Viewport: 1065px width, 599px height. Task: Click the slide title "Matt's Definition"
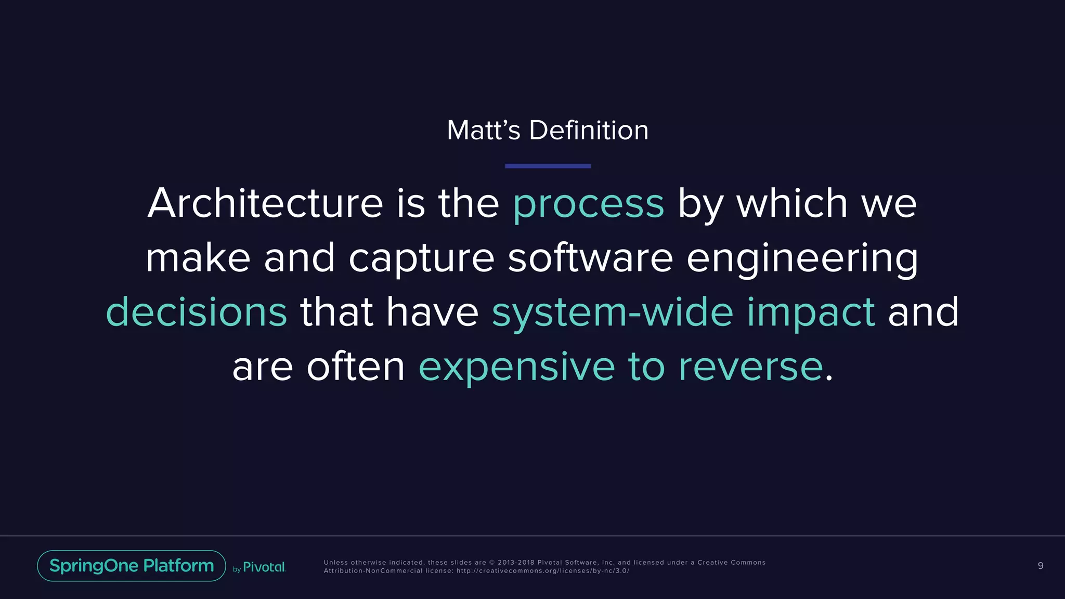548,130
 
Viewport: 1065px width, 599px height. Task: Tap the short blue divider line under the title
548,166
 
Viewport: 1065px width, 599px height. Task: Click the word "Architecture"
265,203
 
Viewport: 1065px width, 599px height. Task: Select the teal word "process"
588,204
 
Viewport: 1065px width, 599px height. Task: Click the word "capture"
421,258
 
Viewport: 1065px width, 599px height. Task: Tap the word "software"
590,257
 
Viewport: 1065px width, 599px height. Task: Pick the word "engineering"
802,258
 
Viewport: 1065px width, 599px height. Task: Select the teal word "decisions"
196,312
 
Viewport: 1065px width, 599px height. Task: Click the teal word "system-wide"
612,312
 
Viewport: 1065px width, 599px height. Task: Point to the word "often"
356,367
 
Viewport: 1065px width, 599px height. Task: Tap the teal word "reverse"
751,367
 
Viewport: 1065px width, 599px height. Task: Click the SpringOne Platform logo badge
132,566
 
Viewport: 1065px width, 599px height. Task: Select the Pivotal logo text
264,567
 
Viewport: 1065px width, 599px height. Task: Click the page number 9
1040,566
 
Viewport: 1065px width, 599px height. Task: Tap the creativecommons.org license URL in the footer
543,571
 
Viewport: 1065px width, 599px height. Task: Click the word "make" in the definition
198,257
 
